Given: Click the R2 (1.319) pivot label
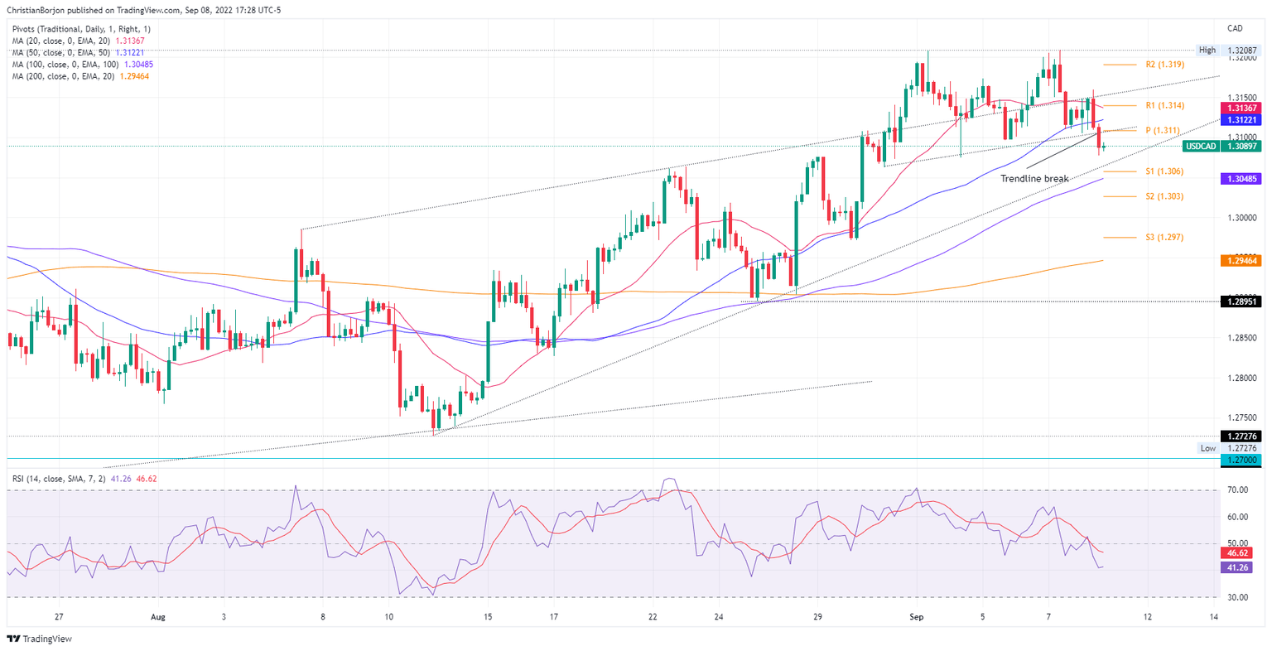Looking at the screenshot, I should pos(1164,64).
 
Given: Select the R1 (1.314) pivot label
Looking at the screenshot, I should pos(1164,105).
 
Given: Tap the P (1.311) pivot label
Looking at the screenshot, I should pos(1164,130).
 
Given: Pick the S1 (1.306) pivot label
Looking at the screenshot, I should pos(1164,171).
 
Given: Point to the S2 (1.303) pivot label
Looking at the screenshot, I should pos(1164,196).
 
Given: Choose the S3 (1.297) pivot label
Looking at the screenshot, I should pos(1164,237).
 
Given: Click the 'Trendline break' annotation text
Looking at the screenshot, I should pos(1034,179).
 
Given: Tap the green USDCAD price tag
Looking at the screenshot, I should pos(1222,147).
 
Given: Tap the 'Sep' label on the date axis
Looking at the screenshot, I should pos(916,617).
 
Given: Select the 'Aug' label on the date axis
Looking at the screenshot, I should pos(159,617).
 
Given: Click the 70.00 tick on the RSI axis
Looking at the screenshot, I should pos(1237,490).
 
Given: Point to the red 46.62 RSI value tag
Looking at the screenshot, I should pos(1239,552).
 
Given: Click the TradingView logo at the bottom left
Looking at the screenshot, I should pos(40,639).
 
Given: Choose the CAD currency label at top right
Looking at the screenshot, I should pos(1236,29).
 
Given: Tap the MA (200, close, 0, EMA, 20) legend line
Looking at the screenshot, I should pos(80,76).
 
